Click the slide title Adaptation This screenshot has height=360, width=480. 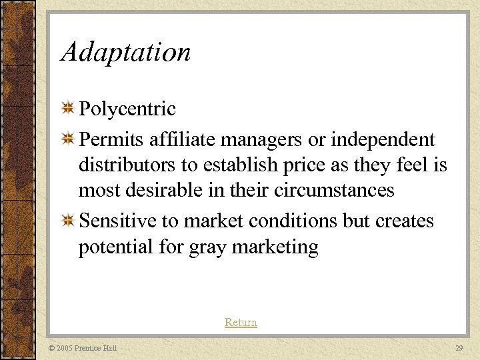pos(125,52)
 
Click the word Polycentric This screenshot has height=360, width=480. pos(127,109)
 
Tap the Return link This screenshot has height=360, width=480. pos(241,323)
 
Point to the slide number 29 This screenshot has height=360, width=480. pos(459,348)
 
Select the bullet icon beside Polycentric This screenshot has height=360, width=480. pos(68,108)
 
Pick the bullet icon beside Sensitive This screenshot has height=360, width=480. pos(68,221)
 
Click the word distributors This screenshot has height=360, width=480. pos(125,165)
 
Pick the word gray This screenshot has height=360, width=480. pos(208,248)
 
